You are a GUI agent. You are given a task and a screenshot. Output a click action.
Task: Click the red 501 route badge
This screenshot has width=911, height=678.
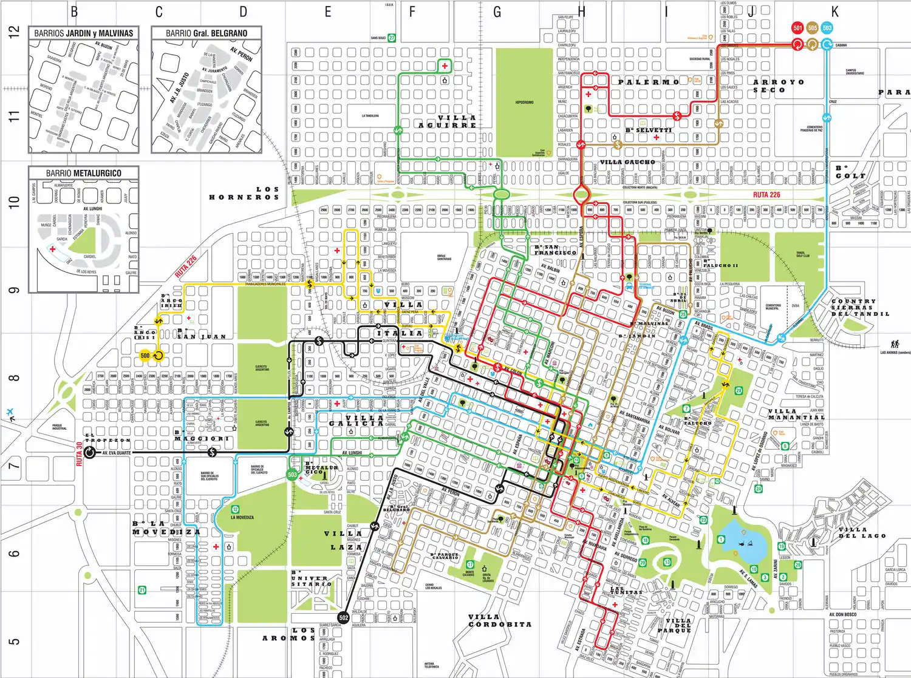[797, 28]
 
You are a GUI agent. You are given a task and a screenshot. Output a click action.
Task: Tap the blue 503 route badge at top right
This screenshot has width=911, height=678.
[827, 28]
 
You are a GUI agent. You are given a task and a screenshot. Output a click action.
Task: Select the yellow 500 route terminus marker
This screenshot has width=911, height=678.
[145, 356]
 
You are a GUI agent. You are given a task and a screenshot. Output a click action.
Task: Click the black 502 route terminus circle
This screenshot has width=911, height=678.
[344, 618]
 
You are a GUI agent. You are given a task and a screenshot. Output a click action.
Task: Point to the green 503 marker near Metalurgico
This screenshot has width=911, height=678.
[292, 475]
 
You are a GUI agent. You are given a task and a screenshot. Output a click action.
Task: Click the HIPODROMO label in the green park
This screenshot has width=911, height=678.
[524, 103]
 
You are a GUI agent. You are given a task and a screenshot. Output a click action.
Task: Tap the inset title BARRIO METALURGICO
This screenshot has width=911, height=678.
[84, 174]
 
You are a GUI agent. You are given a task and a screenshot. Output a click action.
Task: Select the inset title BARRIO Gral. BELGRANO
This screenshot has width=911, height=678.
[206, 33]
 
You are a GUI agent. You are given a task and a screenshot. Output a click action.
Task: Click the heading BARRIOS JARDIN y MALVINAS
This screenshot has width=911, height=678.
[84, 33]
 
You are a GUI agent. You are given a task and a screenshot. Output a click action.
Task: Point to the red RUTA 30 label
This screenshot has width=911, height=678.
[80, 455]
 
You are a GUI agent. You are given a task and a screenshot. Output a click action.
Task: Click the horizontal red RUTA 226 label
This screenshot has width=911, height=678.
[766, 195]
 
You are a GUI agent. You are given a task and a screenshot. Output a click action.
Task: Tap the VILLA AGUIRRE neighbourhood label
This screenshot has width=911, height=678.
[448, 121]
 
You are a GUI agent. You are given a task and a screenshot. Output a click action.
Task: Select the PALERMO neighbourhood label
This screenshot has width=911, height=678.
[649, 82]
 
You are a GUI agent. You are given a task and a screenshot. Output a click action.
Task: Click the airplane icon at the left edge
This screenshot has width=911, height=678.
[10, 413]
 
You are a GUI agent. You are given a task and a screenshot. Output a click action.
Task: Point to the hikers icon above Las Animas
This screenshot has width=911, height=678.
[895, 344]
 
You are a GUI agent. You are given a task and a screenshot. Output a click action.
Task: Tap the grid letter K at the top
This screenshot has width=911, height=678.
[834, 12]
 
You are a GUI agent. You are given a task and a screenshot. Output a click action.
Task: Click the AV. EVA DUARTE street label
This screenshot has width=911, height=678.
[116, 453]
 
